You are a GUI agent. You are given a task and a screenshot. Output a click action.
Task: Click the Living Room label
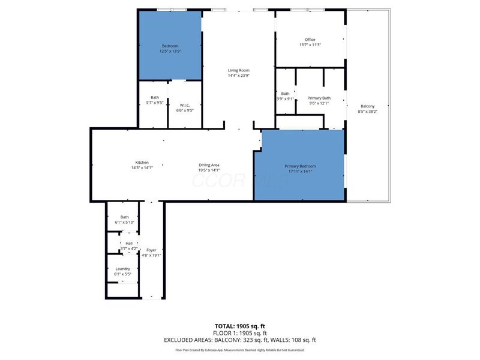pyautogui.click(x=238, y=70)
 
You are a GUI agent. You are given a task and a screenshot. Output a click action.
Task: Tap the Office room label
pyautogui.click(x=310, y=40)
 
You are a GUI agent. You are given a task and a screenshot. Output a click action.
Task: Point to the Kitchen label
pyautogui.click(x=142, y=163)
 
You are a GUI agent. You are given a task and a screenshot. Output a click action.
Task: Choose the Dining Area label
pyautogui.click(x=209, y=165)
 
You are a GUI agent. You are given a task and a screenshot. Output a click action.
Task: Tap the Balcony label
pyautogui.click(x=367, y=106)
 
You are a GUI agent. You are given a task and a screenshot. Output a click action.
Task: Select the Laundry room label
pyautogui.click(x=122, y=269)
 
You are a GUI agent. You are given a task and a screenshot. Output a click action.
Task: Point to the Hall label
pyautogui.click(x=128, y=243)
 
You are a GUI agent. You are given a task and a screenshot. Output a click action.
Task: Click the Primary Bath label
pyautogui.click(x=319, y=98)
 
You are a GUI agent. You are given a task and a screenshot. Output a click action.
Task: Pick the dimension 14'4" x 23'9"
pyautogui.click(x=238, y=76)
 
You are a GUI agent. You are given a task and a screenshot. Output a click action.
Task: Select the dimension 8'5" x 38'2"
pyautogui.click(x=367, y=112)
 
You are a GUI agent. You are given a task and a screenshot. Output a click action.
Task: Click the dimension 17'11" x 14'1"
pyautogui.click(x=299, y=171)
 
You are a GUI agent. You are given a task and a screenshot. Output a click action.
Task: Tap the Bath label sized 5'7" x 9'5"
pyautogui.click(x=155, y=103)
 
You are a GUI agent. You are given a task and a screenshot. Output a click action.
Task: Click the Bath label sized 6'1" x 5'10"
pyautogui.click(x=124, y=222)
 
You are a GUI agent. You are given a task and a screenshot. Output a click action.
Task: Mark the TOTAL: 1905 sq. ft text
pyautogui.click(x=240, y=326)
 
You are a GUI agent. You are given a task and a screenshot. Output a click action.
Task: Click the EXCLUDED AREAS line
pyautogui.click(x=240, y=340)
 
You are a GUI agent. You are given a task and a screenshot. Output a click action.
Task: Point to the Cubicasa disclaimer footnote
pyautogui.click(x=240, y=350)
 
